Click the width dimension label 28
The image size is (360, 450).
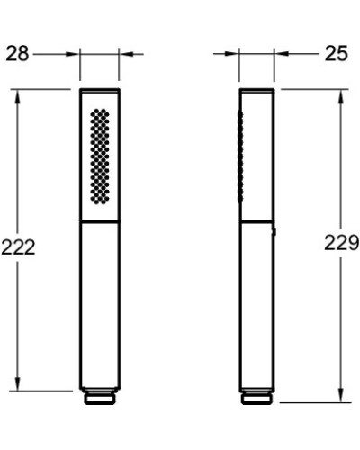[17, 54]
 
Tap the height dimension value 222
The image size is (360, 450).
[18, 247]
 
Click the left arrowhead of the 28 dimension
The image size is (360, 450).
[76, 54]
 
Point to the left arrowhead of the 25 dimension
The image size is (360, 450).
[233, 54]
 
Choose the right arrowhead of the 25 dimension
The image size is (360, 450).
[280, 54]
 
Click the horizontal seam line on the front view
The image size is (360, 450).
[100, 221]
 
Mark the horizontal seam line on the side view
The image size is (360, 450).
[256, 221]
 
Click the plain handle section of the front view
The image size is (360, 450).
[100, 306]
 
